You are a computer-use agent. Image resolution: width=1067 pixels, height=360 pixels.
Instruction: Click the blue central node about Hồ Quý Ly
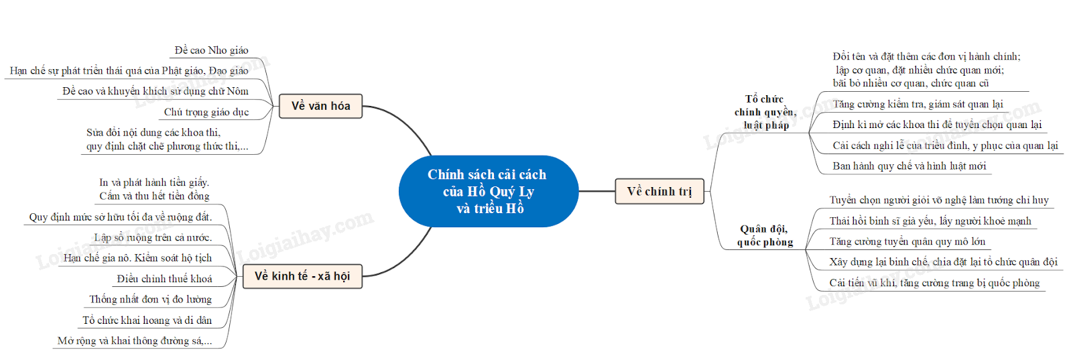click(x=488, y=192)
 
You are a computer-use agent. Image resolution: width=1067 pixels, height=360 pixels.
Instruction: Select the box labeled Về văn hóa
click(x=320, y=106)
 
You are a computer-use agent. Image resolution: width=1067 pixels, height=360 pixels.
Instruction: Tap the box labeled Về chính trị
click(x=659, y=192)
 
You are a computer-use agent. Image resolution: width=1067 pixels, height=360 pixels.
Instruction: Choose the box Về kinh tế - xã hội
click(x=302, y=276)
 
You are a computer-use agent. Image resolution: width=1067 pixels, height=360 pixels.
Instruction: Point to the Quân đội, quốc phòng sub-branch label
click(x=765, y=236)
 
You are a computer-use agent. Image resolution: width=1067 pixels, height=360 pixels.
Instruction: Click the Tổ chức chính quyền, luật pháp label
click(x=765, y=112)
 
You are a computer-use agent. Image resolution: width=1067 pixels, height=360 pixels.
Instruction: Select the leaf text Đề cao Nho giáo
click(x=211, y=50)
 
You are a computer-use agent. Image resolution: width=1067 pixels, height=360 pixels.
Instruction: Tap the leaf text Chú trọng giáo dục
click(x=206, y=112)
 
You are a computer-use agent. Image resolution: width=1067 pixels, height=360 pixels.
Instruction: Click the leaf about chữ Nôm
click(x=155, y=91)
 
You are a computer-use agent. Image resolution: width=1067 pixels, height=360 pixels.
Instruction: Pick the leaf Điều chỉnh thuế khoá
click(x=164, y=279)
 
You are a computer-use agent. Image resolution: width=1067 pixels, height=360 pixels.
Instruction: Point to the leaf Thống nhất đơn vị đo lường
click(x=151, y=300)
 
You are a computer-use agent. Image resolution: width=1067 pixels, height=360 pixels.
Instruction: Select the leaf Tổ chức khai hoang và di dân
click(x=147, y=320)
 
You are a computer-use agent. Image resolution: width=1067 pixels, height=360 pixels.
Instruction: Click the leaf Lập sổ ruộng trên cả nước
click(x=153, y=237)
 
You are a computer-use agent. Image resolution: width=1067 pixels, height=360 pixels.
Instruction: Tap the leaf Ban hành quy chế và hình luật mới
click(x=909, y=166)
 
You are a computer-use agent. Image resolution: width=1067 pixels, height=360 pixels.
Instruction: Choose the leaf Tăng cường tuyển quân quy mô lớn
click(x=907, y=241)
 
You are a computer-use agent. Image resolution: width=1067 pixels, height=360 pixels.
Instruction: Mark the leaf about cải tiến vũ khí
click(x=934, y=283)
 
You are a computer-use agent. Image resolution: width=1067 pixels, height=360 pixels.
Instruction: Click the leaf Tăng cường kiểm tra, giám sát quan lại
click(x=918, y=104)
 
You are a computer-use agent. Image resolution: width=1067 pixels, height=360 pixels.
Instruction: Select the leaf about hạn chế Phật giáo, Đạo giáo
click(x=129, y=70)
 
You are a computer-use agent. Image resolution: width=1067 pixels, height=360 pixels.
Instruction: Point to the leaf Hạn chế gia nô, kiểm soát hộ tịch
click(x=137, y=258)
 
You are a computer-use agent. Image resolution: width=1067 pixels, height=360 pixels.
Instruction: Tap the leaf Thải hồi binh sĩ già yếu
click(x=930, y=221)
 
